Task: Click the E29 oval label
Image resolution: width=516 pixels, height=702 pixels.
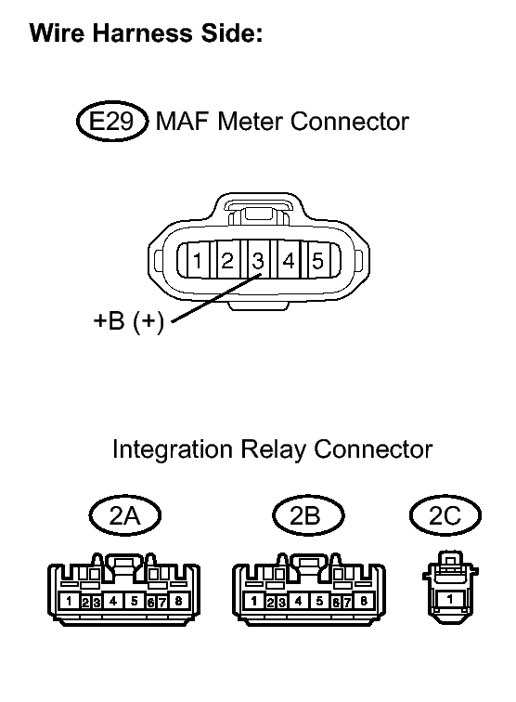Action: click(x=111, y=121)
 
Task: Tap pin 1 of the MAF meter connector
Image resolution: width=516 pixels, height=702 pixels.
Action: click(x=198, y=260)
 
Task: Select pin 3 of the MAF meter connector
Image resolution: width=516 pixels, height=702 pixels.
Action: click(x=258, y=260)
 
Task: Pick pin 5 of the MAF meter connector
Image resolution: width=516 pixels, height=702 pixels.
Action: click(x=317, y=260)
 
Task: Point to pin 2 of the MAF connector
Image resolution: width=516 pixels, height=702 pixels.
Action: click(x=227, y=260)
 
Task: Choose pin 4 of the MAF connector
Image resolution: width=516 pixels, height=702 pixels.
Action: click(x=289, y=260)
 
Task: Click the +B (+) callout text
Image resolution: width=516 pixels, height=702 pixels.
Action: click(x=128, y=320)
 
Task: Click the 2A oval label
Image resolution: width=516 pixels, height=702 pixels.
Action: click(x=125, y=515)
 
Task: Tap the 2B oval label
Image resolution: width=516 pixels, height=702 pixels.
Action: click(x=308, y=515)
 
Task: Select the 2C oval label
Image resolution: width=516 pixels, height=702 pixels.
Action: click(x=445, y=515)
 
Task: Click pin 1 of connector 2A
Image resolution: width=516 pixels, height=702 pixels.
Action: click(x=69, y=601)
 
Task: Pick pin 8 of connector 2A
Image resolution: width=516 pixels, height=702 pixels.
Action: click(x=178, y=601)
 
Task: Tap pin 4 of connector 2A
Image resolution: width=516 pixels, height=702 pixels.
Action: click(x=113, y=601)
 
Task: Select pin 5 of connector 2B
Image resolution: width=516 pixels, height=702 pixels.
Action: click(x=319, y=601)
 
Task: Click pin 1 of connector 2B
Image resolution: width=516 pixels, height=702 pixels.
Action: click(x=253, y=601)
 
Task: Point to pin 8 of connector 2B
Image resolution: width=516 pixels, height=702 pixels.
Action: click(x=364, y=601)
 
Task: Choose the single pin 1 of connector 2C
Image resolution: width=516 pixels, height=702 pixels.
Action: click(x=450, y=599)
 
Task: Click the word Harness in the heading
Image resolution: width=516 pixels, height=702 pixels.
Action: click(x=142, y=32)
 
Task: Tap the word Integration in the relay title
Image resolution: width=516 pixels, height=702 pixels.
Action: click(x=173, y=449)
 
